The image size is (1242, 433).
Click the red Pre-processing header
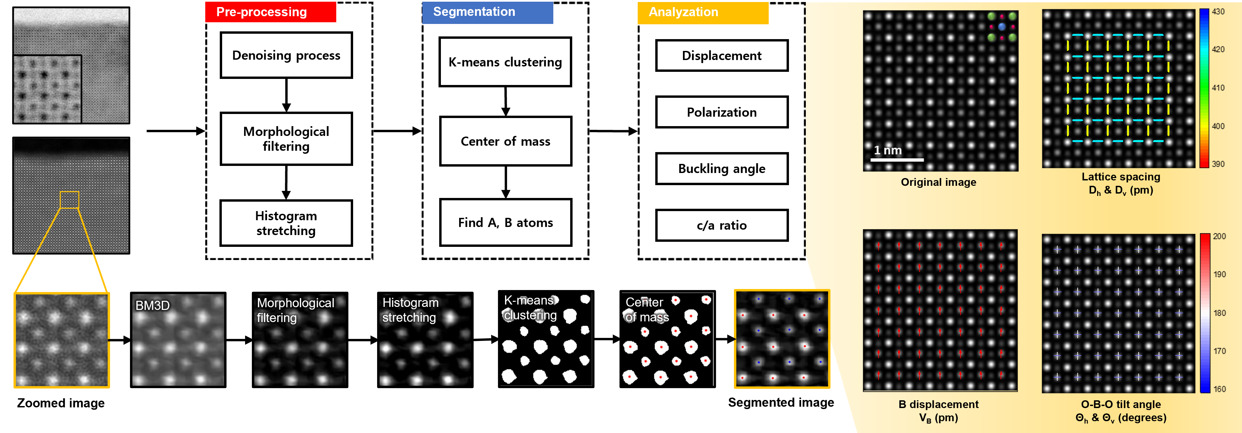[270, 12]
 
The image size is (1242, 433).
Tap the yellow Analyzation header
[703, 12]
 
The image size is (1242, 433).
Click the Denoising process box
[286, 55]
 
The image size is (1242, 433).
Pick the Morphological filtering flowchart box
[286, 139]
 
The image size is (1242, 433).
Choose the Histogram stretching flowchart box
[286, 223]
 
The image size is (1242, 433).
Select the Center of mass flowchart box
[505, 141]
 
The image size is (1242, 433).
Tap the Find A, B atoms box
[505, 223]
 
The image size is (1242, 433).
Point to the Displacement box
[721, 56]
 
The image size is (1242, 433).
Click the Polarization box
[721, 112]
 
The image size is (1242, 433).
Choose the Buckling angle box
[721, 169]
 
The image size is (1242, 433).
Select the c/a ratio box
[721, 225]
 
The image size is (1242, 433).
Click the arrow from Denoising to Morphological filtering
[286, 95]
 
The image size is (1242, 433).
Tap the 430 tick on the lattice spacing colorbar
[1218, 11]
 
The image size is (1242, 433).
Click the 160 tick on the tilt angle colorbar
[1219, 389]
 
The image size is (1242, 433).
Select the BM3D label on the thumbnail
[152, 306]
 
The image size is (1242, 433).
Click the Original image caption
[938, 182]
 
